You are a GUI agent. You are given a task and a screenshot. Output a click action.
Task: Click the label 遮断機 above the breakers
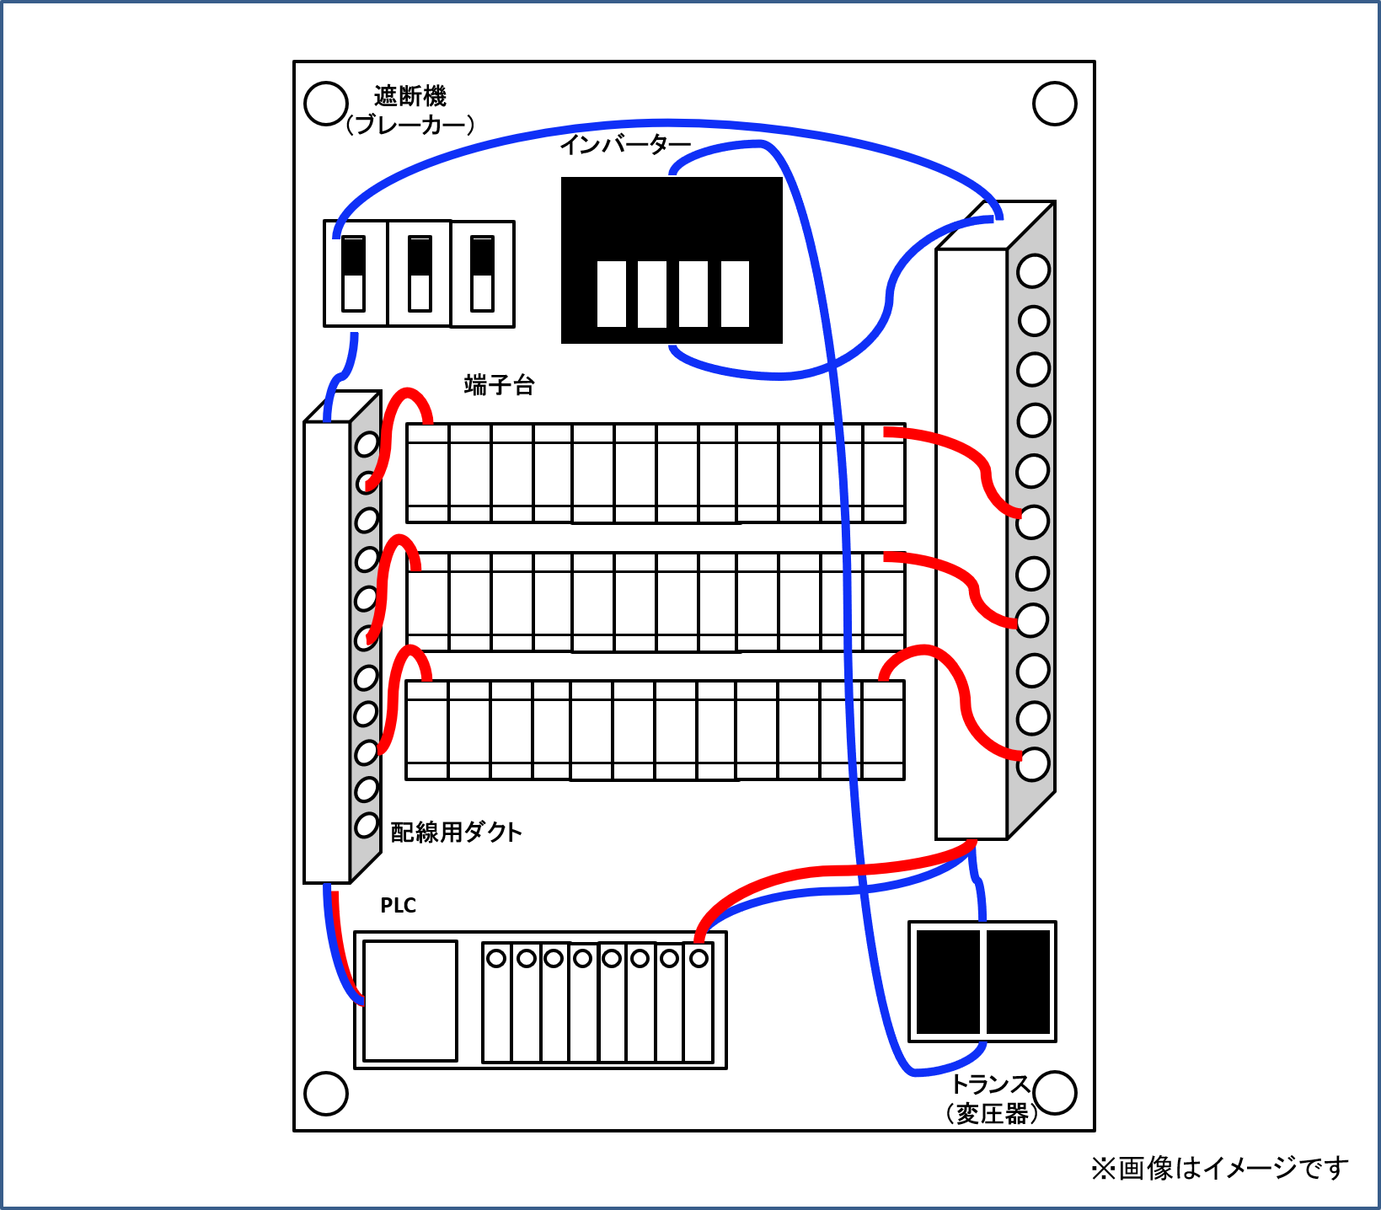tap(409, 96)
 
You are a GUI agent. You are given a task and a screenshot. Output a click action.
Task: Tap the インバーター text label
tap(625, 145)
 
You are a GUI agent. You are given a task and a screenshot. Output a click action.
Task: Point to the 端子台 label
tap(499, 385)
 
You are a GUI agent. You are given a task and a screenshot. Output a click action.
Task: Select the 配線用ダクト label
tap(456, 833)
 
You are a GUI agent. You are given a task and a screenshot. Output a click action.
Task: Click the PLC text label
tap(398, 906)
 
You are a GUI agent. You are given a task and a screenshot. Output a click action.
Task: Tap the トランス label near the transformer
tap(990, 1084)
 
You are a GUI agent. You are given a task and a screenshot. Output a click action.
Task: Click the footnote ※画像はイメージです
tap(1219, 1168)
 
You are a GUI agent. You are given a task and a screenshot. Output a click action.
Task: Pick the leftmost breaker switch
tap(354, 274)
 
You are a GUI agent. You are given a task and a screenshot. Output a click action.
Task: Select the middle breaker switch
tap(419, 274)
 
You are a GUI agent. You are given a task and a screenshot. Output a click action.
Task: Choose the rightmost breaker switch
tap(483, 274)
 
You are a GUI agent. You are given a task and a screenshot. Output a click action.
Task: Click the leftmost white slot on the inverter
tap(612, 293)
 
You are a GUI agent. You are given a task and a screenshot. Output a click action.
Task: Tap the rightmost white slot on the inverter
tap(735, 293)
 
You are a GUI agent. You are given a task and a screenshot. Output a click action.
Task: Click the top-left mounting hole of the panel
tap(325, 104)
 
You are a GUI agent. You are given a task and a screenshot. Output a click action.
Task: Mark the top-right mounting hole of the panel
tap(1054, 104)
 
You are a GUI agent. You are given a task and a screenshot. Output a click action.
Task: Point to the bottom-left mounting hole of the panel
tap(325, 1093)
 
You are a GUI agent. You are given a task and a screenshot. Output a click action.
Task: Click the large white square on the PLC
tap(410, 1000)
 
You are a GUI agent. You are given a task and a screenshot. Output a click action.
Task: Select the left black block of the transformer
tap(948, 982)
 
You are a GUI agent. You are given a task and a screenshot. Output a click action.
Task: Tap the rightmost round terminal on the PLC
tap(699, 958)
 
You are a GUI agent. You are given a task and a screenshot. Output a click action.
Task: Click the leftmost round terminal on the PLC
tap(497, 958)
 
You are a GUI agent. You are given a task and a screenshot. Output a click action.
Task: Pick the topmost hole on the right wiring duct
tap(1033, 271)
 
